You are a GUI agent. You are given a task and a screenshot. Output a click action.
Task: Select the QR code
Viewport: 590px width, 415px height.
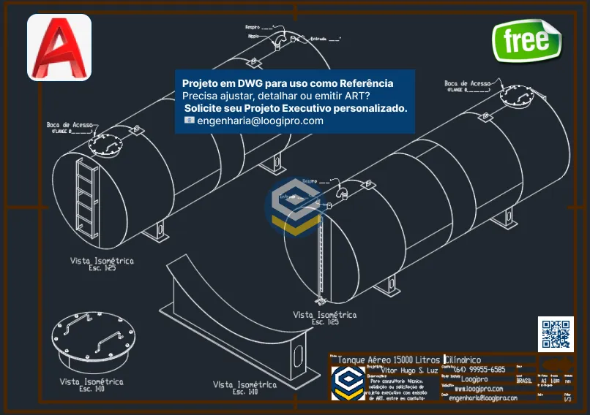click(556, 334)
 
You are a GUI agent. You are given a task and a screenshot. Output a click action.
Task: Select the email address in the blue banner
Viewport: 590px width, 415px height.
click(260, 121)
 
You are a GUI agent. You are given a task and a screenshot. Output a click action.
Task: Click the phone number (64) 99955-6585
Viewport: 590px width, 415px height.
click(479, 370)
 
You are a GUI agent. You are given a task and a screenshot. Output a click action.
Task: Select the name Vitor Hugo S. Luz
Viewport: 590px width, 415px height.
click(409, 370)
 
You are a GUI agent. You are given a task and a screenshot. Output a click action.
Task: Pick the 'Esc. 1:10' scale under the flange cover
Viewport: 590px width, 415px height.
click(92, 389)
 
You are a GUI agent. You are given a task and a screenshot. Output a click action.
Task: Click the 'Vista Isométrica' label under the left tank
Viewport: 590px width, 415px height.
click(102, 260)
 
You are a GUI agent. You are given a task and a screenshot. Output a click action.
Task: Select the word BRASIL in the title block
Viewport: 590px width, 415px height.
click(525, 380)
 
